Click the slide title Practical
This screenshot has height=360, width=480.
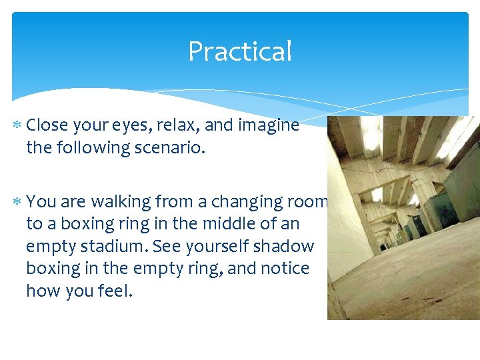point(240,51)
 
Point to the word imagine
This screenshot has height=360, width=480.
point(270,125)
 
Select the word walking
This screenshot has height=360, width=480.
point(120,201)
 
